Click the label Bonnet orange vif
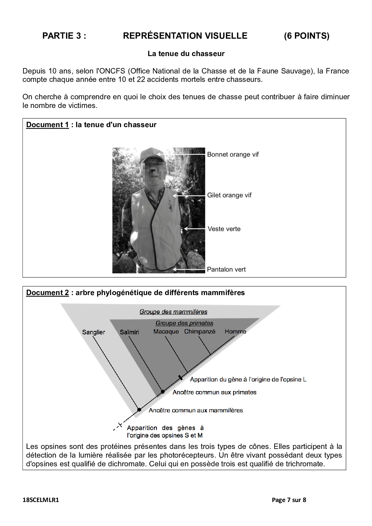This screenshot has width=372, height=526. coord(233,154)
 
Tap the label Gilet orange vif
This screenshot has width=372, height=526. coord(229,195)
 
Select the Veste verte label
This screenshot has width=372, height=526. coord(224,229)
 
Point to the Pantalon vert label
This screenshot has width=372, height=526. coord(226,269)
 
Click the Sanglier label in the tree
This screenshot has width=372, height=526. coord(94,332)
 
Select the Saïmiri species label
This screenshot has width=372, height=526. coord(129,332)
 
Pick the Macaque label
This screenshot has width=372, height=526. coord(166,332)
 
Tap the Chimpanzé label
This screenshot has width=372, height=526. coord(200,332)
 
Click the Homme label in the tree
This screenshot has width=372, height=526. coord(235,332)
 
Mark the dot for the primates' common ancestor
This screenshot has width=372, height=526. coord(163,392)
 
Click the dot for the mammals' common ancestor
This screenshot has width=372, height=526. coord(139,410)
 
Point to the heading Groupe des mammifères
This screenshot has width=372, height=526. coord(173,312)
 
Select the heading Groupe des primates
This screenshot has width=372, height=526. coord(184,323)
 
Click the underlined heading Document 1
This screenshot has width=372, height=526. coord(47,125)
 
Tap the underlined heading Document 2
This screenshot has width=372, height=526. coord(47,293)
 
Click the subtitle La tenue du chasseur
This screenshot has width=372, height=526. coord(186,54)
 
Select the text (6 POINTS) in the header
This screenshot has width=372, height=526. coord(307,36)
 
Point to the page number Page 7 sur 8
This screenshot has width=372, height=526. coord(289,500)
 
